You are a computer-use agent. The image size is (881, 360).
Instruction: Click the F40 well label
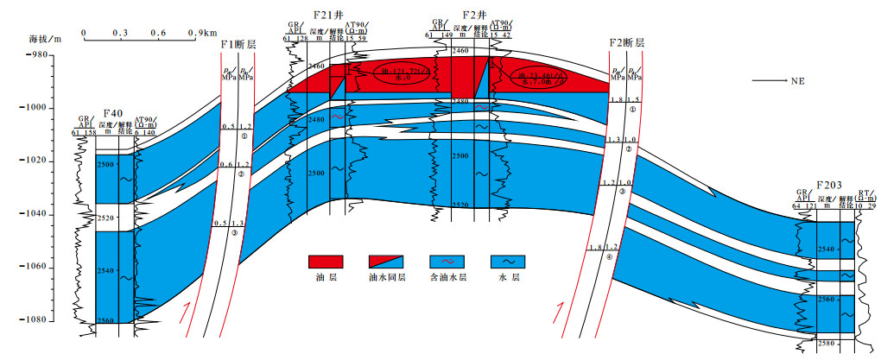click(112, 112)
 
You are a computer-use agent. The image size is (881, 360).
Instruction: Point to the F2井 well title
click(472, 15)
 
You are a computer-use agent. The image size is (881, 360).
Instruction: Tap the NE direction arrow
click(774, 80)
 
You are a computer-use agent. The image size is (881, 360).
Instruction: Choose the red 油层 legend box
click(326, 262)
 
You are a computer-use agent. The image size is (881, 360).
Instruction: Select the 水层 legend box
click(506, 262)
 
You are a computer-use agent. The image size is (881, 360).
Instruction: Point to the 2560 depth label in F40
click(105, 320)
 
